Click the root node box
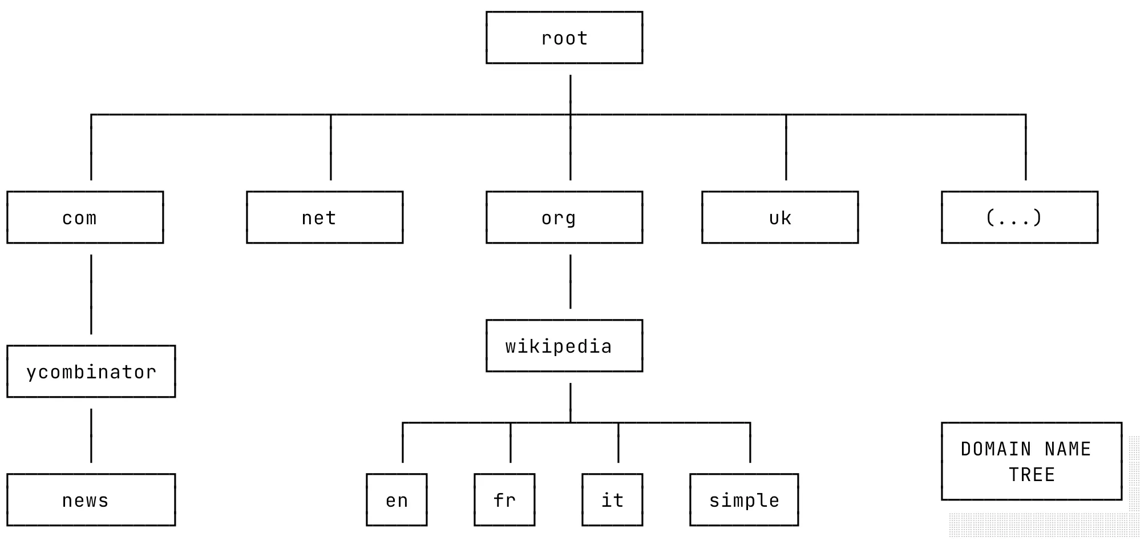564,38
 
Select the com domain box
85,217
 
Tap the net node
325,217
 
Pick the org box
564,217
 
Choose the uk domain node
780,217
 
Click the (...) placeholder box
1020,217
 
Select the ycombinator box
91,372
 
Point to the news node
91,500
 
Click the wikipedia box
564,346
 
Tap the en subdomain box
397,500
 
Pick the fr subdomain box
504,500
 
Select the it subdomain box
612,500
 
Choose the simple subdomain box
744,500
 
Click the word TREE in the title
1032,475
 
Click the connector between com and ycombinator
91,294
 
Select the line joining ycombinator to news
91,435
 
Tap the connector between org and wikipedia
571,281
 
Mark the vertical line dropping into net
331,147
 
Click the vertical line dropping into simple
750,443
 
